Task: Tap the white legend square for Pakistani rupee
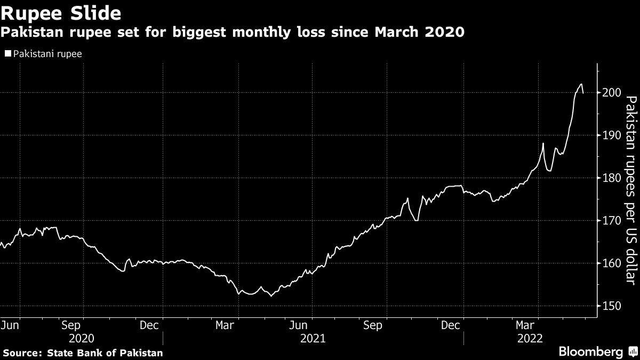[x=8, y=53]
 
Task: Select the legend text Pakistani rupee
[x=47, y=53]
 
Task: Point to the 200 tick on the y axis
[x=608, y=93]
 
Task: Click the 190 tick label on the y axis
[x=608, y=135]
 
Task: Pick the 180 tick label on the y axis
[x=608, y=178]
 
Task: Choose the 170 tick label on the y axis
[x=608, y=221]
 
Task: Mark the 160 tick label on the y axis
[x=608, y=263]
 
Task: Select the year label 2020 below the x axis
[x=82, y=338]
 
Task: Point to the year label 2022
[x=529, y=338]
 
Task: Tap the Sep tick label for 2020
[x=71, y=325]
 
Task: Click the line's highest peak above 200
[x=581, y=84]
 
